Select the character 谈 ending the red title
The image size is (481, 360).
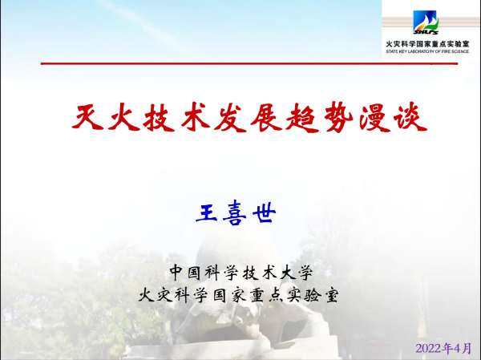[410, 116]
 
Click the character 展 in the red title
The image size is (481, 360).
[265, 117]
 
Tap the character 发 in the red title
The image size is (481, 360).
[230, 118]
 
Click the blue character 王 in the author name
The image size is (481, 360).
[207, 212]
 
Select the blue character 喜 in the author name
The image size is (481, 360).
[235, 212]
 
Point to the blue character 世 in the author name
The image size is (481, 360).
[264, 212]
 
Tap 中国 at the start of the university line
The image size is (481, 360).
[185, 272]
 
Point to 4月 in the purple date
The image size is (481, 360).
[463, 348]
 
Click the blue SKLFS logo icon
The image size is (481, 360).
[426, 22]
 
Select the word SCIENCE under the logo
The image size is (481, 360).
[459, 51]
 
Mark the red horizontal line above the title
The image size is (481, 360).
[249, 63]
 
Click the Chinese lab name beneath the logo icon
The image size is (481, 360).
[427, 44]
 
